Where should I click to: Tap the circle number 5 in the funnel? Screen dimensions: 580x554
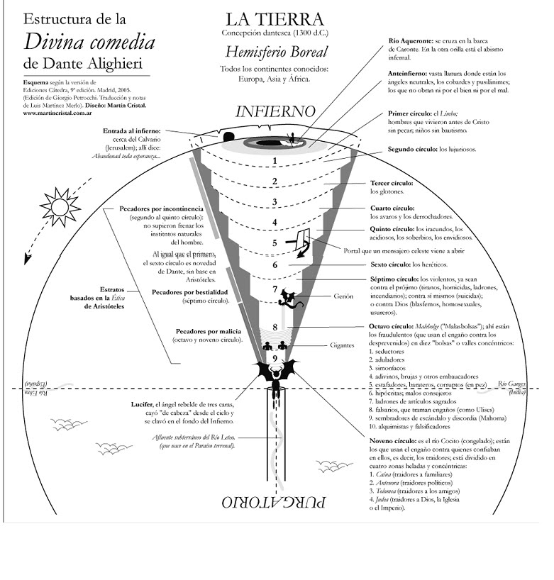[x=274, y=242]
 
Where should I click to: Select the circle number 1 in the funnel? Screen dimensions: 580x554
[x=274, y=161]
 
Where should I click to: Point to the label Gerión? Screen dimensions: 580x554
[x=323, y=296]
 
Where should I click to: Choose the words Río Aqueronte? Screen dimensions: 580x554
[x=411, y=42]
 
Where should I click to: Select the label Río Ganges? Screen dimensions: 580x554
[x=512, y=384]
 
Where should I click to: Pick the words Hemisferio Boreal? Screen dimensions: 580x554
[x=276, y=52]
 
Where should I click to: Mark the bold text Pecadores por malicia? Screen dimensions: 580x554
[x=208, y=331]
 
